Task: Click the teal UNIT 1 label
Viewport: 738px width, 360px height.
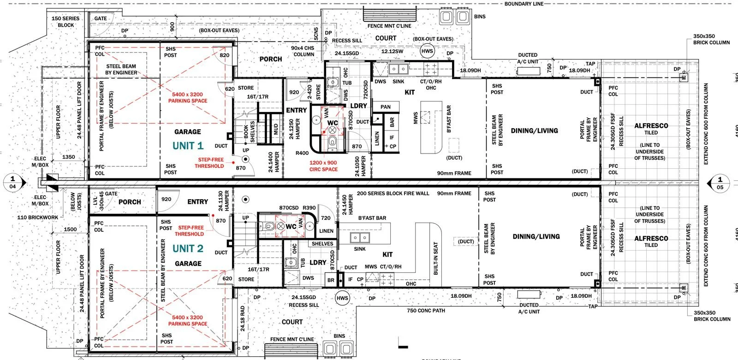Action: click(x=188, y=146)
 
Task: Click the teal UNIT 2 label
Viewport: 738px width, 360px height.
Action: click(x=188, y=248)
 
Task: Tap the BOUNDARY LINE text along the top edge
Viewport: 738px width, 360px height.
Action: click(x=524, y=4)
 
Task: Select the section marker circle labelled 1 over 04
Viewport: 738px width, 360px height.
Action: click(x=12, y=183)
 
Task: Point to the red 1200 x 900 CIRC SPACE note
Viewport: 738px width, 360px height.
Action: click(x=323, y=166)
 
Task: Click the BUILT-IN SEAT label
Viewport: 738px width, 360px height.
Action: click(x=436, y=259)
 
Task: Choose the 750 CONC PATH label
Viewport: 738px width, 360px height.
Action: click(x=426, y=311)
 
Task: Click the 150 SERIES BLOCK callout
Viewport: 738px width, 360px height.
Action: click(x=65, y=22)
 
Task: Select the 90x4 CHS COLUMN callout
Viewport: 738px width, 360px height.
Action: click(x=303, y=51)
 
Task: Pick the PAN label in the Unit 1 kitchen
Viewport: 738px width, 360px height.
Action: click(x=386, y=107)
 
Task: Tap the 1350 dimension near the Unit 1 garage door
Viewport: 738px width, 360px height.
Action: click(x=68, y=157)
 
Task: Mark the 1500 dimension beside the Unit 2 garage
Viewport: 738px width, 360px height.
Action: click(x=70, y=229)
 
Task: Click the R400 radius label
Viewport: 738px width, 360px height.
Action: click(x=302, y=153)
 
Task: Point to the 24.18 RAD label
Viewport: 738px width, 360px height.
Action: click(x=243, y=318)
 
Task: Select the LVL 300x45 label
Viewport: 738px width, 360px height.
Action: click(x=96, y=201)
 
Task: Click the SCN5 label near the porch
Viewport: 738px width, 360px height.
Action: click(x=316, y=32)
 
